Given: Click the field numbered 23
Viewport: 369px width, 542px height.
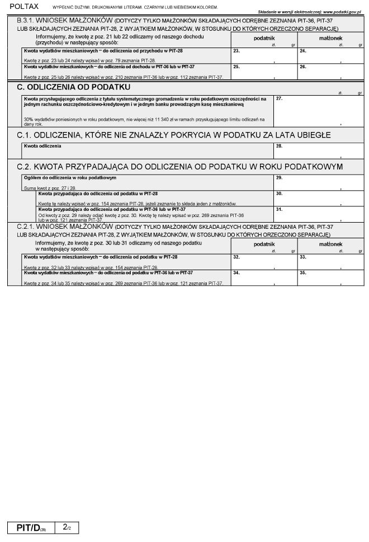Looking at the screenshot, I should pyautogui.click(x=264, y=56).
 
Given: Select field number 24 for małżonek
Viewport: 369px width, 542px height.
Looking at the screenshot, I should pyautogui.click(x=330, y=56).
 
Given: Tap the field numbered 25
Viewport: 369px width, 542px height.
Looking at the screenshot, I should pyautogui.click(x=264, y=72).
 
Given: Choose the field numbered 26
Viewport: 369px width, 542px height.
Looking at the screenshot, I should pyautogui.click(x=330, y=72).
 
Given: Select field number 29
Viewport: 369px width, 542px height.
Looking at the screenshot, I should pyautogui.click(x=318, y=182).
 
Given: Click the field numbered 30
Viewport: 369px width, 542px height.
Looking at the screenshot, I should pyautogui.click(x=318, y=198).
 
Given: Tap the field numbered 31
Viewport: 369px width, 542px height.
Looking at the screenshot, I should pyautogui.click(x=318, y=214).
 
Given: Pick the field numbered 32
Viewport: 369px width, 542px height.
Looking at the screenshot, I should pyautogui.click(x=264, y=262).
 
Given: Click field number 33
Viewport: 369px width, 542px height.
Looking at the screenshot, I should pyautogui.click(x=330, y=262).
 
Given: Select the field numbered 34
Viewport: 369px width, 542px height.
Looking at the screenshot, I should pyautogui.click(x=264, y=277).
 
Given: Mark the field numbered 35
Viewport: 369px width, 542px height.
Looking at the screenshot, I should pyautogui.click(x=330, y=277).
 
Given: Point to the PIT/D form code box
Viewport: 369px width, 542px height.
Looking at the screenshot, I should pyautogui.click(x=31, y=527).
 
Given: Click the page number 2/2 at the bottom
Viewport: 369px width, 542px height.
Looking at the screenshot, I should pyautogui.click(x=67, y=527).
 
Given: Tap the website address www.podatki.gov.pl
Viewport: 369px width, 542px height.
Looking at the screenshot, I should pyautogui.click(x=342, y=11).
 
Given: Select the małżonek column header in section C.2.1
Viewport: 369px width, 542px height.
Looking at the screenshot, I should pyautogui.click(x=330, y=244).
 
